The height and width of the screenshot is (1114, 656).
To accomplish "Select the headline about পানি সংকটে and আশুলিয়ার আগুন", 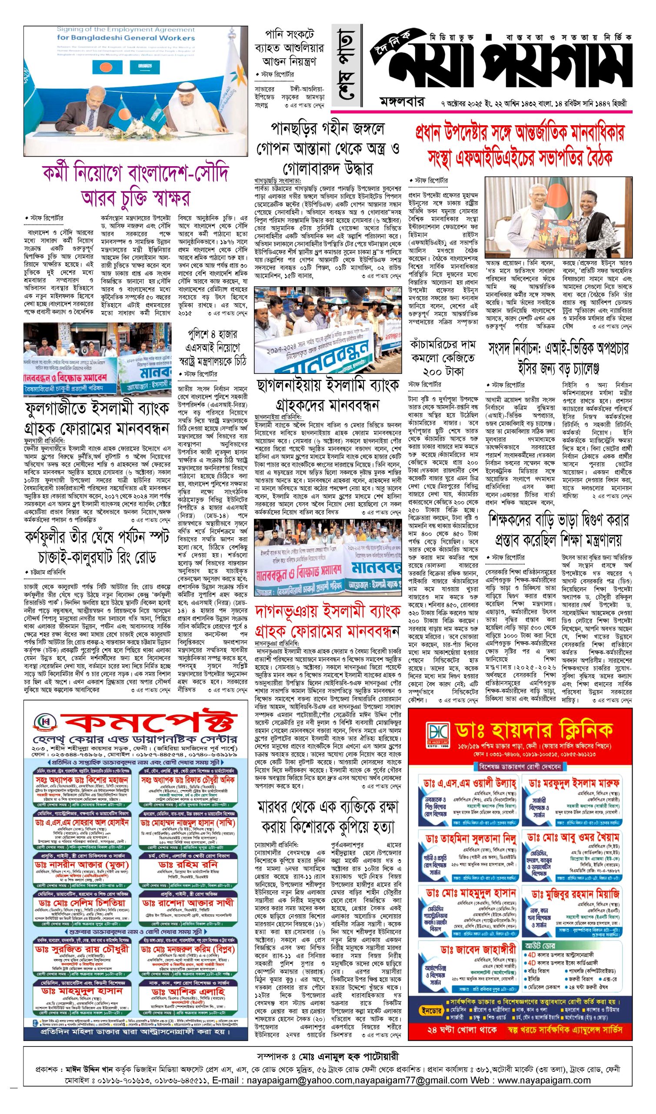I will point(290,48).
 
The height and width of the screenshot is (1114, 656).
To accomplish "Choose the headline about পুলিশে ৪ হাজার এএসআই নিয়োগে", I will point(213,347).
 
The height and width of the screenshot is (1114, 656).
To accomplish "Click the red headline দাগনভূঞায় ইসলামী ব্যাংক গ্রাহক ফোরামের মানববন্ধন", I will point(327,621).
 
